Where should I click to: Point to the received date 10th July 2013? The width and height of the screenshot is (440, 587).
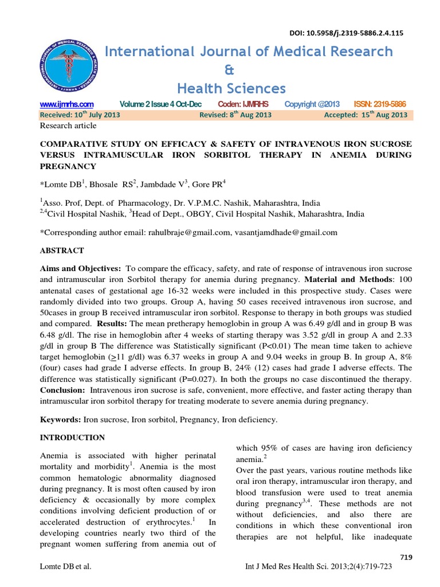pyautogui.click(x=80, y=115)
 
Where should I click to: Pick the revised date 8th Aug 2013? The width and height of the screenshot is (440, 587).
pyautogui.click(x=235, y=115)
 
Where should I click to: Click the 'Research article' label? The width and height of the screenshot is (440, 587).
pyautogui.click(x=68, y=126)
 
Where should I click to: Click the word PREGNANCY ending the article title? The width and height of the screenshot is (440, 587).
pyautogui.click(x=67, y=166)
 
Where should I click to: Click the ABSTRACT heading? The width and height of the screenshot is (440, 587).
pyautogui.click(x=61, y=251)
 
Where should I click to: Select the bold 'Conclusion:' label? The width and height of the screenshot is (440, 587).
pyautogui.click(x=61, y=390)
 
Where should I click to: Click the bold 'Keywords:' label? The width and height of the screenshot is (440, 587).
pyautogui.click(x=60, y=420)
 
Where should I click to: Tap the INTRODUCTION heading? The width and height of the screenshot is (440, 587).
pyautogui.click(x=72, y=437)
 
